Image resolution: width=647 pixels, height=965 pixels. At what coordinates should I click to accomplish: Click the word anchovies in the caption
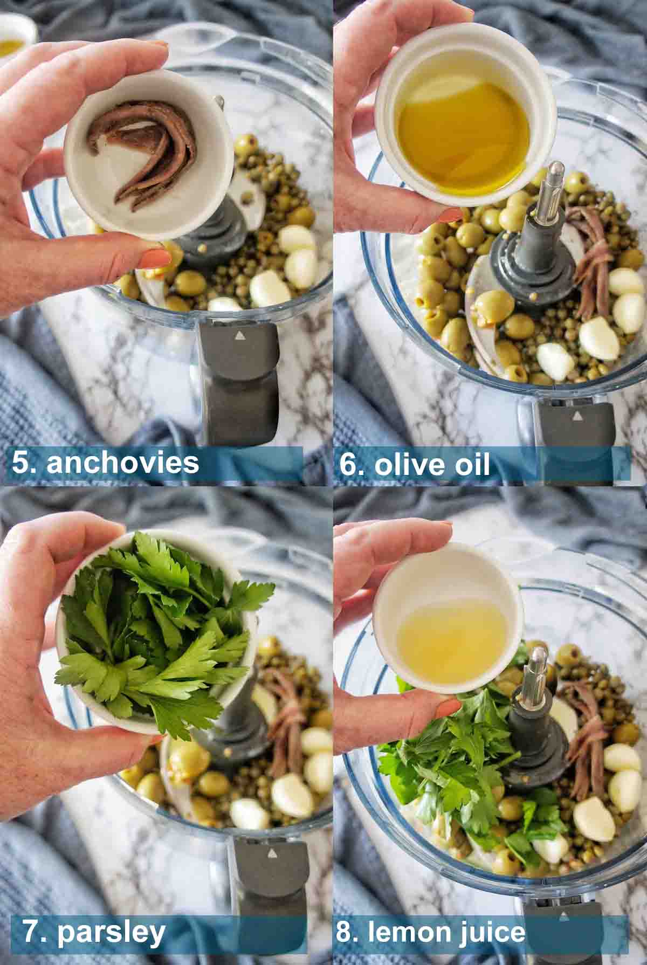(x=123, y=463)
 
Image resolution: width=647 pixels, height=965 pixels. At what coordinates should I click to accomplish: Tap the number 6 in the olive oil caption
(x=348, y=465)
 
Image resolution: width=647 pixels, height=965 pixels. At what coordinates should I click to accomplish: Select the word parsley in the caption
(x=111, y=932)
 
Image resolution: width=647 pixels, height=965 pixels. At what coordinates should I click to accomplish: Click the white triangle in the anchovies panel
(x=238, y=335)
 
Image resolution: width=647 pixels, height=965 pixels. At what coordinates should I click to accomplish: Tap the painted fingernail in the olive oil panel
(x=447, y=216)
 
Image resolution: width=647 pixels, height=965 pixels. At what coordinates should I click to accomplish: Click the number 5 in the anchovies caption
(x=23, y=463)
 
